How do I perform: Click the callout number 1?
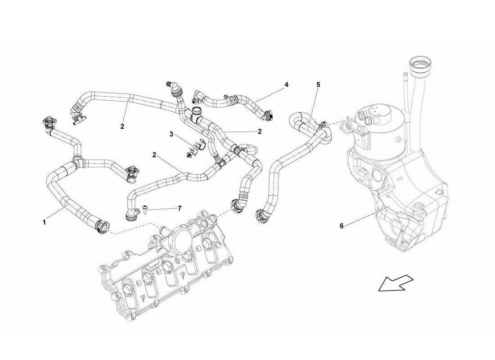44,222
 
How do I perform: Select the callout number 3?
171,134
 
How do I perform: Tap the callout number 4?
286,84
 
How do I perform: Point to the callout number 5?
318,84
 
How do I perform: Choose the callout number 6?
342,226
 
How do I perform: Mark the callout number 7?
179,208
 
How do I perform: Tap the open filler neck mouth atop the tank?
419,62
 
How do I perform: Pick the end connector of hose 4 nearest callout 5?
269,116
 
